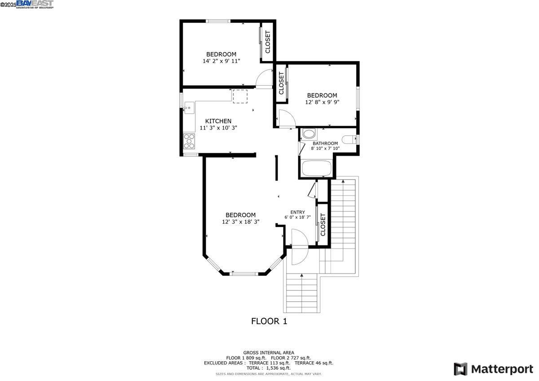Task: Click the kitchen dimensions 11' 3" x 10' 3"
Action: (x=218, y=128)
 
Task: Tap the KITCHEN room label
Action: (x=218, y=121)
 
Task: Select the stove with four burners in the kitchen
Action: (x=189, y=141)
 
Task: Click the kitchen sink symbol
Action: (x=189, y=108)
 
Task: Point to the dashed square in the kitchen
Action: (x=240, y=96)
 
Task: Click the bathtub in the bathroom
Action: (x=316, y=169)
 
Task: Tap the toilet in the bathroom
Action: (x=349, y=139)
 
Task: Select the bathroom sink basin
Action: (x=309, y=134)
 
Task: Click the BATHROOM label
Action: (x=325, y=144)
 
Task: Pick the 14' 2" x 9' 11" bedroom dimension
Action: (x=221, y=61)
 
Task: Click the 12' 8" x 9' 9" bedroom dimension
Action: (x=322, y=102)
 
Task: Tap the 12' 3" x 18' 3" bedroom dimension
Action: (x=241, y=222)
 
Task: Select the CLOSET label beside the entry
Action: (x=323, y=224)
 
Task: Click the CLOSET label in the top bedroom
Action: (x=268, y=42)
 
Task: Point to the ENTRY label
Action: (x=297, y=212)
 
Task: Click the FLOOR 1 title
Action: (x=269, y=321)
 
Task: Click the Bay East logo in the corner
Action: (x=34, y=4)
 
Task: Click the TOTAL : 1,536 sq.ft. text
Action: (x=269, y=368)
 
